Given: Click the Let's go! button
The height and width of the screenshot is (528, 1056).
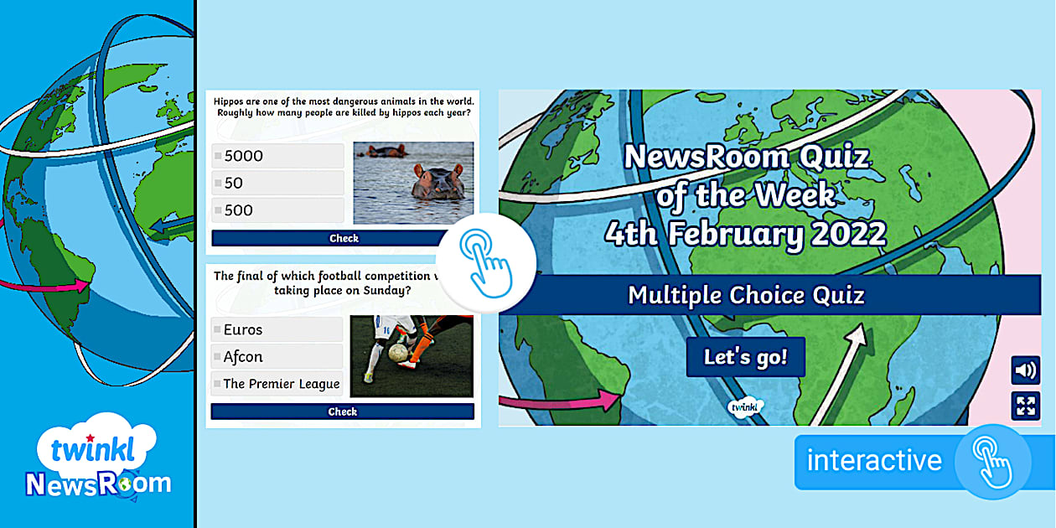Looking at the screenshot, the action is (745, 357).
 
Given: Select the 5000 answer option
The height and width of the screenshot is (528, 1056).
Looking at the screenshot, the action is (278, 156).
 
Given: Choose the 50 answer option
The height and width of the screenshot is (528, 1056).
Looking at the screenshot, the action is (278, 183).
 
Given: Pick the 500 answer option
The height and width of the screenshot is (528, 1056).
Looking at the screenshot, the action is (278, 210).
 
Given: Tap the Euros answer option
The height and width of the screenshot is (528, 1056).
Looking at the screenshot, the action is (277, 329).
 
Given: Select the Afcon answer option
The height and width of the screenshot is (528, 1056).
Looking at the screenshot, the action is (277, 356).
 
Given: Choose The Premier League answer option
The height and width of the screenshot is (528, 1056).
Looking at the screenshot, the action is (277, 384).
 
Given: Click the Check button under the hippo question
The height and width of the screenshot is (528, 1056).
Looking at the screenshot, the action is (330, 238).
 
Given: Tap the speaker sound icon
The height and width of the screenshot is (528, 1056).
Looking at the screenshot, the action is (1025, 370).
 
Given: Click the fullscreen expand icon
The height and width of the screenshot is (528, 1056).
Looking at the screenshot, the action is (1025, 406).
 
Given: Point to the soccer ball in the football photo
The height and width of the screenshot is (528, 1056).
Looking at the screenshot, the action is (398, 352).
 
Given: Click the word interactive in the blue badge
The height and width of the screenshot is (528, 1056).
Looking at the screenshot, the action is (874, 461).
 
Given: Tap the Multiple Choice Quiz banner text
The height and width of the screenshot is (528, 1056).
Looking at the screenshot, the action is (746, 296).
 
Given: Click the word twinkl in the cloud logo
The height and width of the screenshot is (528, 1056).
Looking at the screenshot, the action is (93, 449).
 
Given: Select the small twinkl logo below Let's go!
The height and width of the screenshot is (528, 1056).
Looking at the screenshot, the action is (745, 406).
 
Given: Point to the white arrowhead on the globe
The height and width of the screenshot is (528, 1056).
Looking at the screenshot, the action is (857, 334).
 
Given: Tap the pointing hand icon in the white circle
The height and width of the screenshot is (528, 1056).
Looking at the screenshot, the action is (486, 263).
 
